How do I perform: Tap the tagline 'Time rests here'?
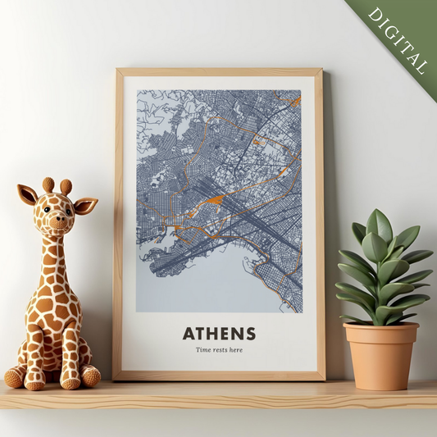[219, 350]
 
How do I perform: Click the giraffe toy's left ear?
[28, 195]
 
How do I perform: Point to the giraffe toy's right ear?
[85, 205]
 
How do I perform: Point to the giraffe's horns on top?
[57, 185]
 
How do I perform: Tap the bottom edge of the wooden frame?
[219, 376]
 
